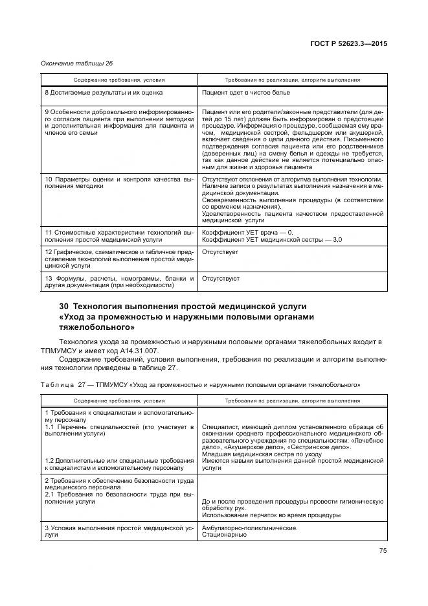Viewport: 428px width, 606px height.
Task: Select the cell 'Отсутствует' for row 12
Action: coord(220,251)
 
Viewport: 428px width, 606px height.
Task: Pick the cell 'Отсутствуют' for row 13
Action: coord(221,278)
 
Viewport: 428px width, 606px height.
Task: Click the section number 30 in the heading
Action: coord(63,306)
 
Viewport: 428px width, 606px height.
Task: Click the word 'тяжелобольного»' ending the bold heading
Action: coord(91,328)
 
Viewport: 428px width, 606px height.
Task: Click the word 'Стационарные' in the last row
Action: coord(224,535)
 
